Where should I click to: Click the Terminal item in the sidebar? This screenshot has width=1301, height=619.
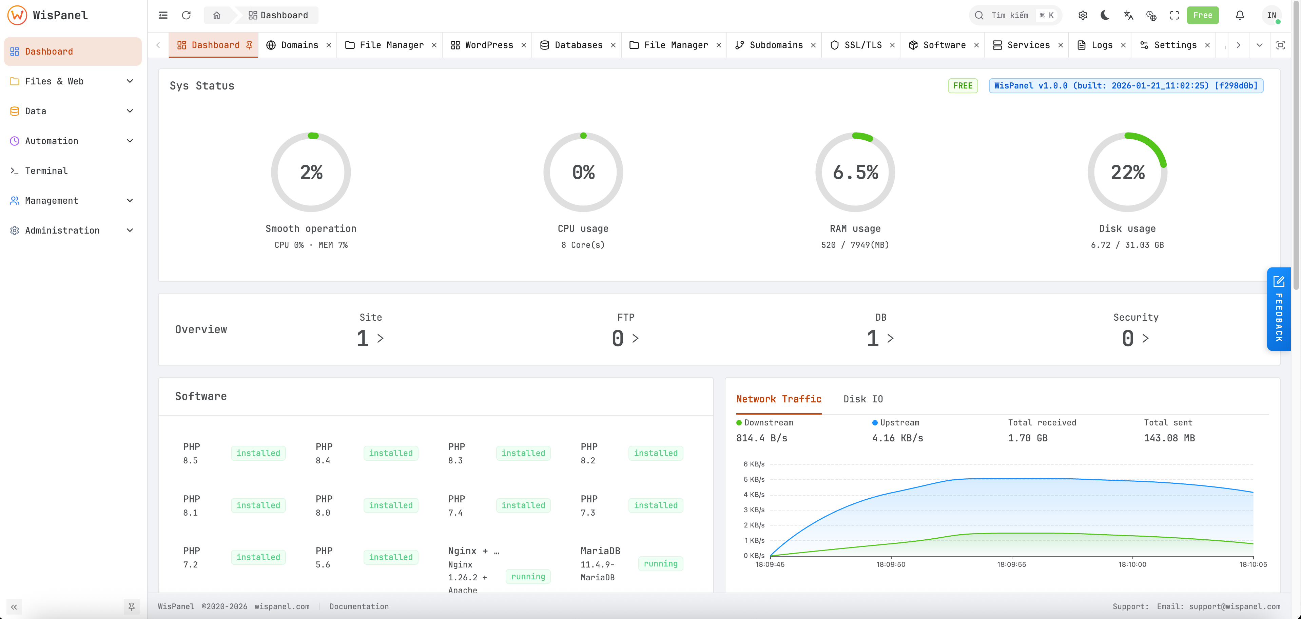tap(46, 171)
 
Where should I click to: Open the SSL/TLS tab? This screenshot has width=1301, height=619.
tap(862, 45)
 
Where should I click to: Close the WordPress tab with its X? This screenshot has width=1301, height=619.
tap(524, 45)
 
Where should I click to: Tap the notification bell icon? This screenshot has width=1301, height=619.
tap(1239, 15)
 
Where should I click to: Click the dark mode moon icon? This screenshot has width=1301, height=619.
tap(1105, 15)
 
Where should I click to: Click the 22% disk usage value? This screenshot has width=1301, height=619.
tap(1127, 172)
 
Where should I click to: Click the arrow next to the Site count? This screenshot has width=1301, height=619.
tap(380, 338)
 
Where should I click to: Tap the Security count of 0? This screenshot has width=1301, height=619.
tap(1128, 338)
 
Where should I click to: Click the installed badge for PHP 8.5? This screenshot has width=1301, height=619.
tap(258, 453)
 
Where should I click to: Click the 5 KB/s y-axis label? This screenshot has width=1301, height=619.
tap(754, 479)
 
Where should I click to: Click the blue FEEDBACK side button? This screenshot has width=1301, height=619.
tap(1278, 309)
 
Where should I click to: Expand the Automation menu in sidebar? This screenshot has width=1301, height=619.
tap(72, 141)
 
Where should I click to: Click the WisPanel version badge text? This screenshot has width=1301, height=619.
tap(1126, 85)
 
